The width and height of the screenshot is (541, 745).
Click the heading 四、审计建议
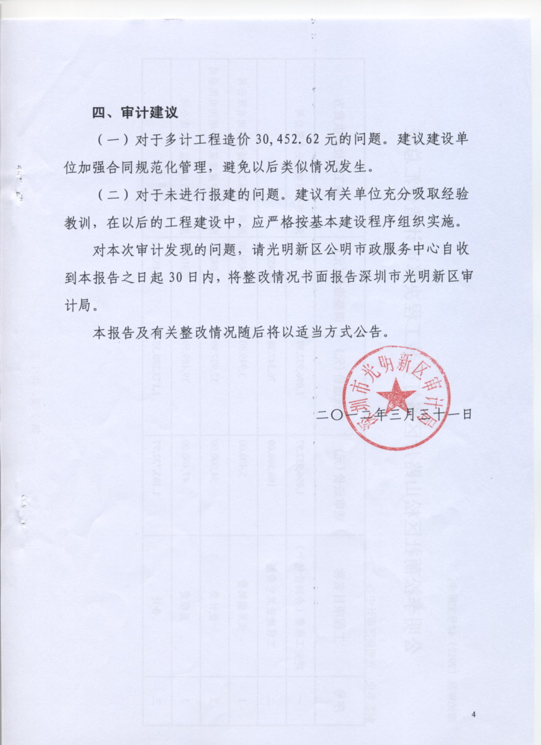tap(135, 113)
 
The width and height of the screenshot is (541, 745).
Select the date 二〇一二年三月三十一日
tap(395, 415)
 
